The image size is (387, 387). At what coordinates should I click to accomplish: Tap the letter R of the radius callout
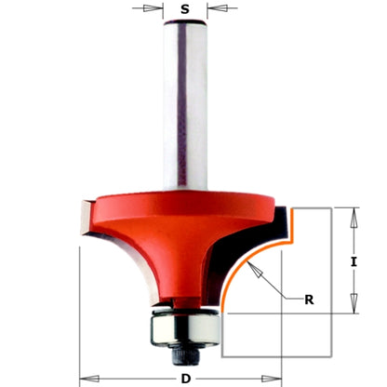coord(308,299)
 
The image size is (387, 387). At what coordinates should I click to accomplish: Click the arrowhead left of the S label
coord(159,9)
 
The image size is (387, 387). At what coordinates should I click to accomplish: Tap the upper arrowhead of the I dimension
coord(353,213)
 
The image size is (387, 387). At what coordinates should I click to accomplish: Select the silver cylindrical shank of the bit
coord(184,102)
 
